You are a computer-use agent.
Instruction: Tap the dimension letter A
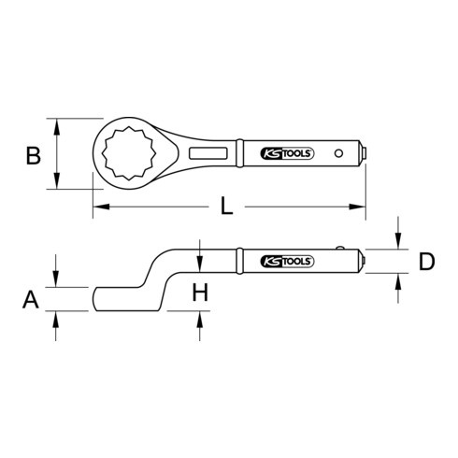coord(31,300)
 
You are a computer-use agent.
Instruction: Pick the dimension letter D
coord(426,262)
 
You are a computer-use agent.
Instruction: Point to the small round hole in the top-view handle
coord(337,151)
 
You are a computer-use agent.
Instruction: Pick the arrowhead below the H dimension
coord(200,317)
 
